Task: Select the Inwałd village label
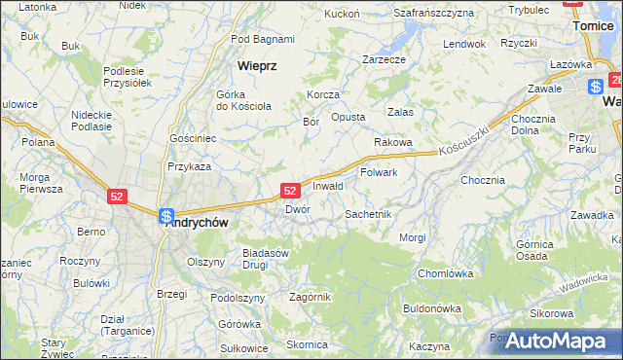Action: pyautogui.click(x=328, y=186)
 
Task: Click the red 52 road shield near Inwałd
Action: pyautogui.click(x=290, y=192)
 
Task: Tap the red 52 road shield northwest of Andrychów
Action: pyautogui.click(x=117, y=197)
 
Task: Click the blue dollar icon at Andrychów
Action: pyautogui.click(x=166, y=216)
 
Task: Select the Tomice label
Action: pyautogui.click(x=593, y=26)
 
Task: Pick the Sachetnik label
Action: pyautogui.click(x=368, y=213)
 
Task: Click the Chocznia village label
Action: pyautogui.click(x=483, y=180)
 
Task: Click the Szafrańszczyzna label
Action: pyautogui.click(x=433, y=13)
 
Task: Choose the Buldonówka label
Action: pyautogui.click(x=431, y=308)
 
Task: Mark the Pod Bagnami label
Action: pyautogui.click(x=263, y=39)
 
